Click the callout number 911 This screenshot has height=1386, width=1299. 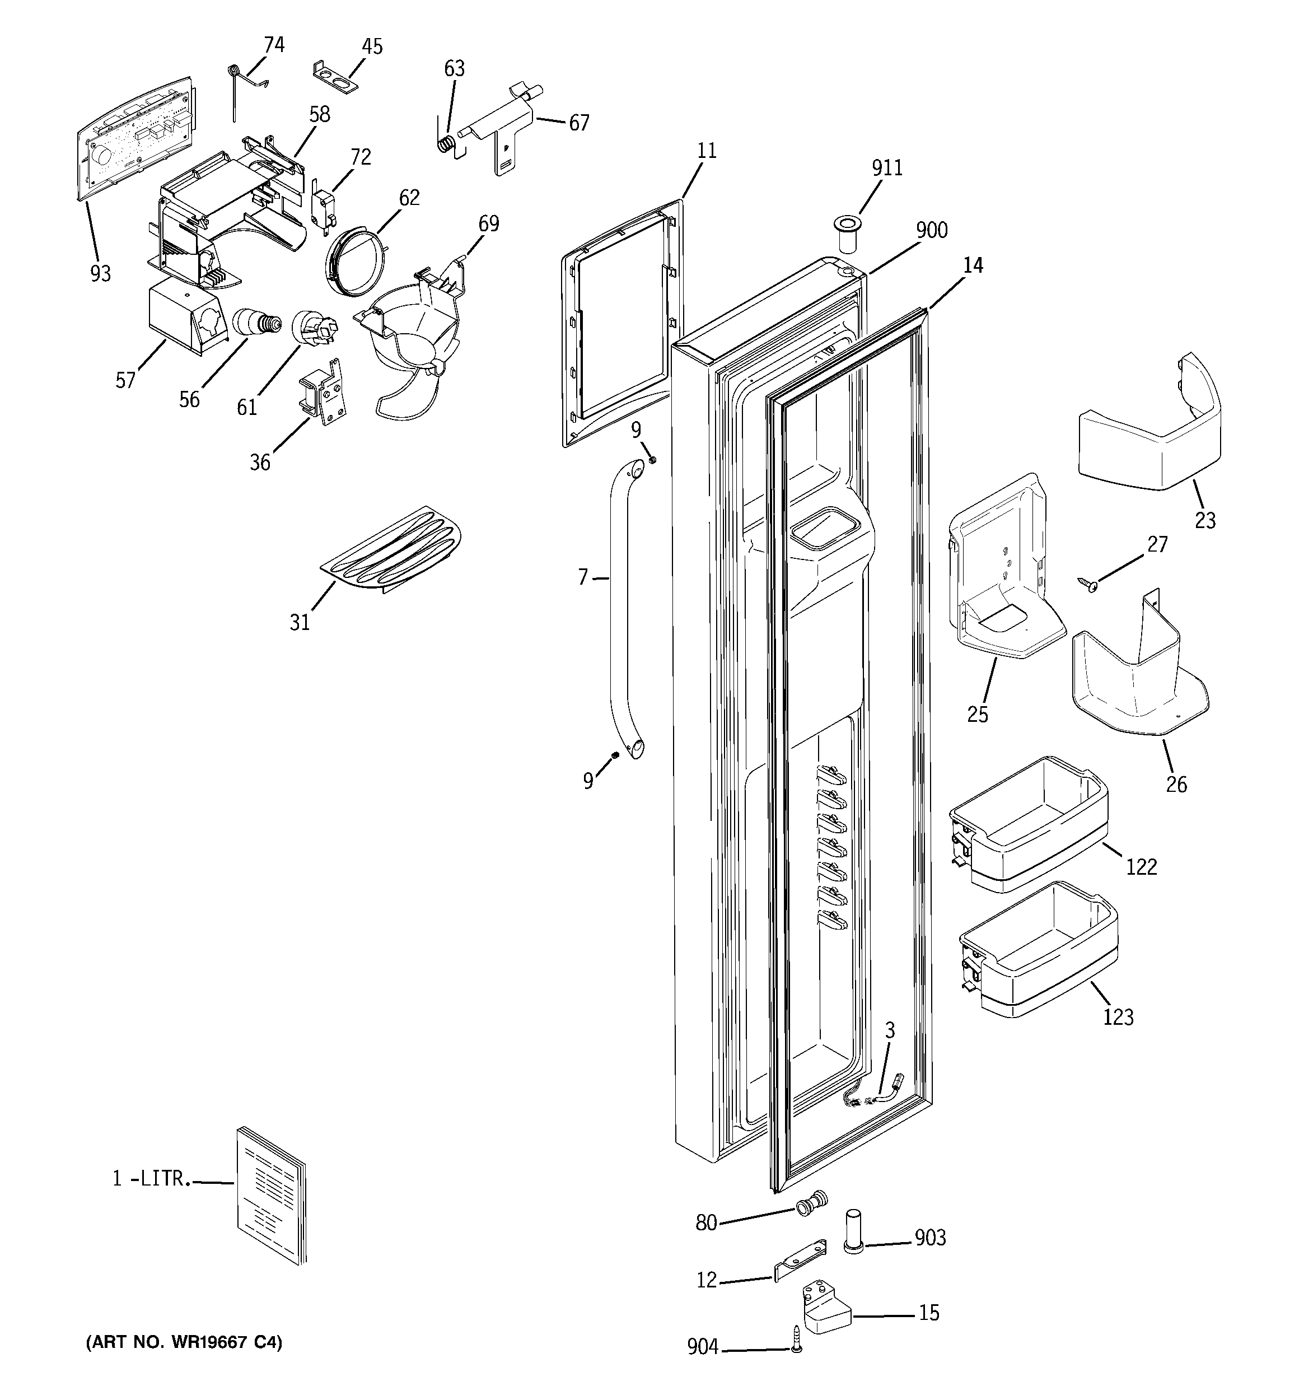[x=887, y=168]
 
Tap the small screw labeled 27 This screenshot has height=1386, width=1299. [x=1088, y=584]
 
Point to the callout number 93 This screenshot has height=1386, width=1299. [x=100, y=274]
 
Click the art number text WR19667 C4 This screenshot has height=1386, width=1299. [x=184, y=1343]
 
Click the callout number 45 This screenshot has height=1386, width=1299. [x=372, y=46]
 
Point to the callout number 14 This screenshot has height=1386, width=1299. [x=973, y=265]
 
